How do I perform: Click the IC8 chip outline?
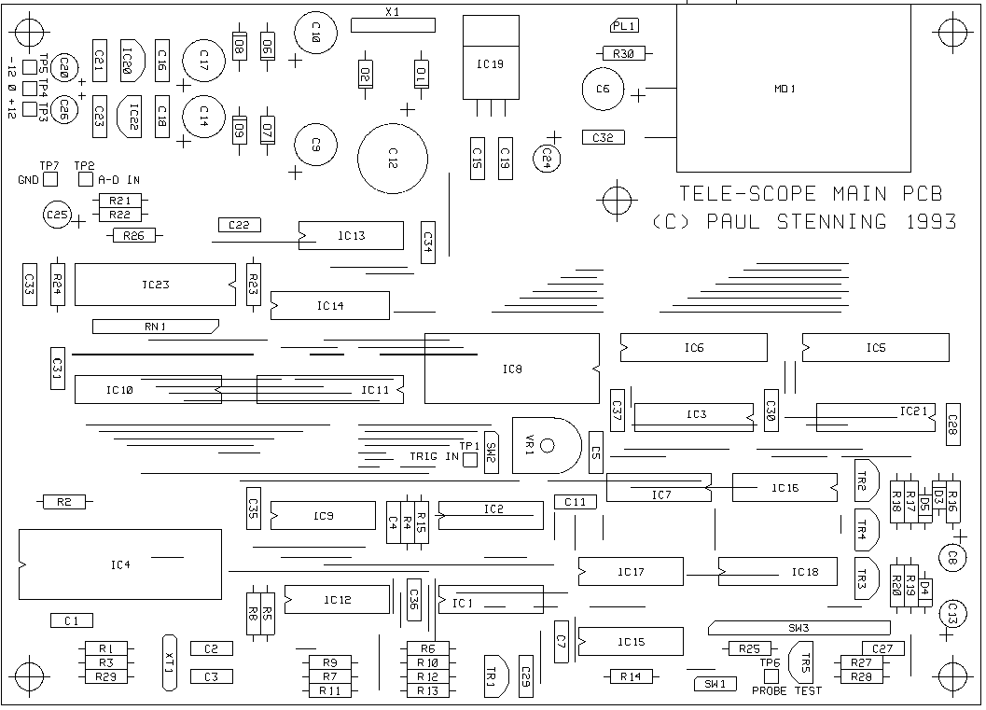511,369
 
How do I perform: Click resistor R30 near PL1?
625,54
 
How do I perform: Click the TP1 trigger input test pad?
470,459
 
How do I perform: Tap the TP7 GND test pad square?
50,178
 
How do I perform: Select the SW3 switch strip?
799,627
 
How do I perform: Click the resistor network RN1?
155,327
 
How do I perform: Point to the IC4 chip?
120,564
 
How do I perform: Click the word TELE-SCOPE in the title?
738,194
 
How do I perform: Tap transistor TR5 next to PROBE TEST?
801,661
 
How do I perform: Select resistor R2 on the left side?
64,502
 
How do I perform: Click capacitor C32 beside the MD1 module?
603,137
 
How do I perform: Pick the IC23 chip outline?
155,285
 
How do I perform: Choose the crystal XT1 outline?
169,661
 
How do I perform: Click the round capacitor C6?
603,90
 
